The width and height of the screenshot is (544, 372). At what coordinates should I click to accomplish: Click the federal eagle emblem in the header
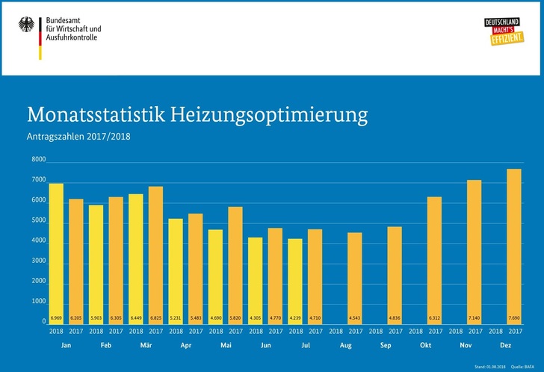point(26,27)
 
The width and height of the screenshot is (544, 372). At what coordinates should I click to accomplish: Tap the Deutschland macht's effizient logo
point(501,31)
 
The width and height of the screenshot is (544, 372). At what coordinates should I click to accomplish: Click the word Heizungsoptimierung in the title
point(270,116)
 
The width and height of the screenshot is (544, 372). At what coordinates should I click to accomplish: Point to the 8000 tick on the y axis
point(39,160)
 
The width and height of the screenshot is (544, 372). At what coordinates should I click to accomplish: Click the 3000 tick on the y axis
point(39,261)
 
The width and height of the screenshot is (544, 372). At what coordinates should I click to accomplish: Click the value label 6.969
point(56,320)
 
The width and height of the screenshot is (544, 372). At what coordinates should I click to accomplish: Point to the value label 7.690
point(514,320)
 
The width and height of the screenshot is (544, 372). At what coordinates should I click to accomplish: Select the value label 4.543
point(355,320)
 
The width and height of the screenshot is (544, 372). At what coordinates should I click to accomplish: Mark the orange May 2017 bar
point(235,261)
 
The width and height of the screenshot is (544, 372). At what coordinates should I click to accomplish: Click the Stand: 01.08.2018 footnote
point(489,367)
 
